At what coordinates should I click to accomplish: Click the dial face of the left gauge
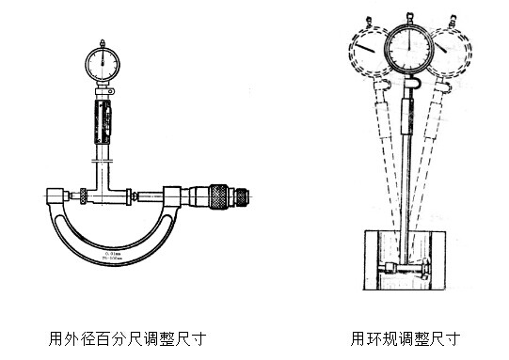[101, 62]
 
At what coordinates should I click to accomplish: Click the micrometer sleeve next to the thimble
[193, 197]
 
